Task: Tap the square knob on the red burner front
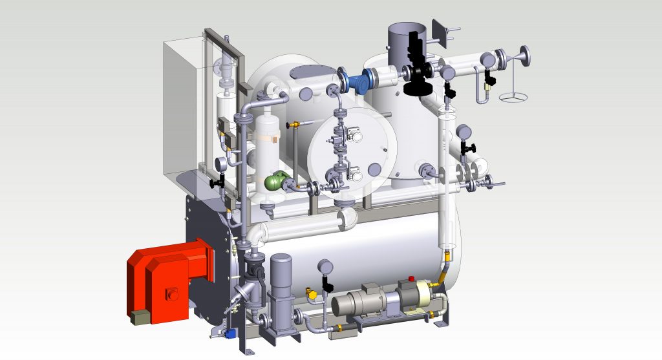[x=173, y=295]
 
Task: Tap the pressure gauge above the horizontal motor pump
[x=324, y=266]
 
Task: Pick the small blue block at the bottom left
[x=229, y=334]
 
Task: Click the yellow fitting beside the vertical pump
[x=313, y=295]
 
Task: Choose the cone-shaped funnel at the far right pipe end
[x=517, y=61]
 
